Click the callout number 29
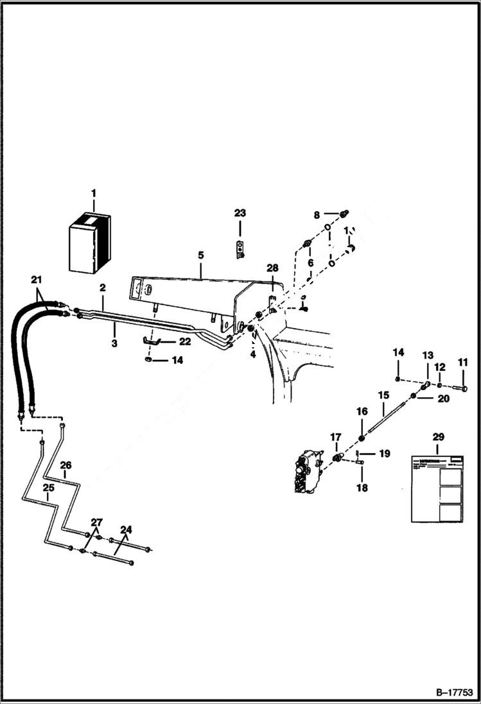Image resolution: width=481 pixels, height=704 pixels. tap(438, 437)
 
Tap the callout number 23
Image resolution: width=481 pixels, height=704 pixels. tap(240, 213)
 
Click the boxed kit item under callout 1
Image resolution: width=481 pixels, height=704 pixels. tap(89, 240)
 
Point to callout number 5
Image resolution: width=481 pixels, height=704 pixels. tap(200, 255)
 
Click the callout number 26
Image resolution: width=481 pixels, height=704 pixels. tap(66, 465)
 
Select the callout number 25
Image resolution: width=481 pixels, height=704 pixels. tap(48, 488)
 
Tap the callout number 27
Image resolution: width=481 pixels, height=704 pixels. tap(96, 522)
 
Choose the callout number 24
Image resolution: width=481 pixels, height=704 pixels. tap(126, 529)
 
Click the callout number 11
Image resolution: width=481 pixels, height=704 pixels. tap(463, 363)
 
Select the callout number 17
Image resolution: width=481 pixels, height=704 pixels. tap(335, 437)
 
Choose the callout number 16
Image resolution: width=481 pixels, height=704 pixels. tap(362, 411)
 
